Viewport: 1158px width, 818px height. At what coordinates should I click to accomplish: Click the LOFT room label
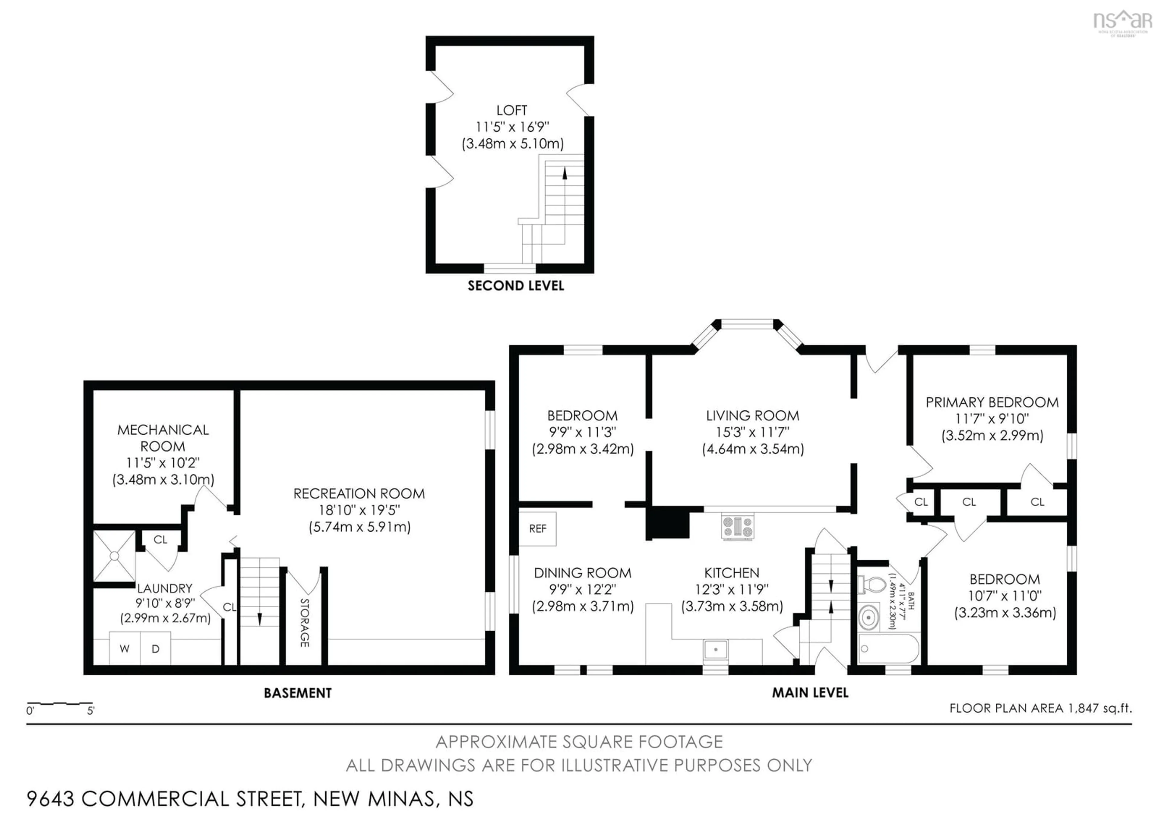click(x=511, y=110)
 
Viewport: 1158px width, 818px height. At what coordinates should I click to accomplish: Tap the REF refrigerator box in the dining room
click(x=538, y=529)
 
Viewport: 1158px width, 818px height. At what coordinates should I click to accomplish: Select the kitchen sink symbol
click(x=716, y=649)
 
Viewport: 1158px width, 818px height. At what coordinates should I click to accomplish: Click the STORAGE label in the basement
click(x=305, y=622)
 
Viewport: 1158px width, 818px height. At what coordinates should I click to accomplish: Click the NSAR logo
click(x=1123, y=21)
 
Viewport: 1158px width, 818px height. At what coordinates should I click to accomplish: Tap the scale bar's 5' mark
click(x=91, y=711)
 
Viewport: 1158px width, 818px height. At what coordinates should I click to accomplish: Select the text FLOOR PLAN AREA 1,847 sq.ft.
click(x=1040, y=708)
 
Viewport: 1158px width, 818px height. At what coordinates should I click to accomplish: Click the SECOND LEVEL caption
click(x=515, y=286)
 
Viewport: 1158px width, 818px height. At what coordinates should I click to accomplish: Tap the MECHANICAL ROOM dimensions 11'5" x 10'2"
click(x=163, y=463)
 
